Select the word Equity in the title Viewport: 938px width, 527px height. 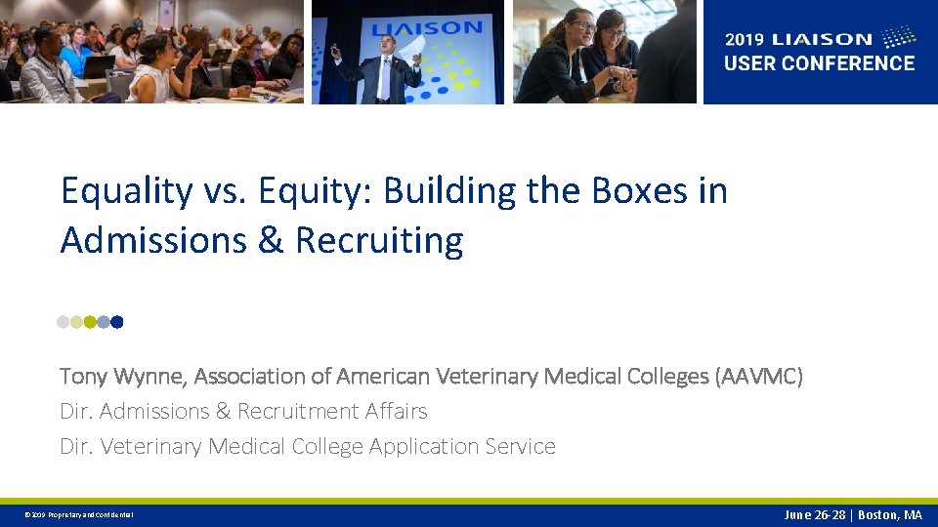point(312,191)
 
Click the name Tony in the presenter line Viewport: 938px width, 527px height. point(83,376)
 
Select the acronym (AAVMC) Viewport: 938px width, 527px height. point(759,376)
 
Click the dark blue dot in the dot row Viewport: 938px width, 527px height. point(117,321)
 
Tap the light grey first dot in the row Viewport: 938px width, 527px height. point(64,321)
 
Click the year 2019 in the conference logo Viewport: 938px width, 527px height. point(746,40)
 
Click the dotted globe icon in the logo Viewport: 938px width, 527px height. point(899,38)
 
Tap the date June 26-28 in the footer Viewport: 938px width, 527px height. point(816,515)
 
